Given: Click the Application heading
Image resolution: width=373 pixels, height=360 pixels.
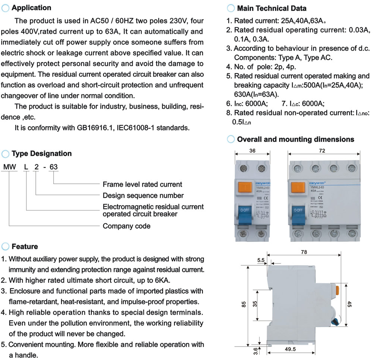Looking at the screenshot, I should click(x=31, y=8).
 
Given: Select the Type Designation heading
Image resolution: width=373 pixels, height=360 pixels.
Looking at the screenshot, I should click(x=41, y=154).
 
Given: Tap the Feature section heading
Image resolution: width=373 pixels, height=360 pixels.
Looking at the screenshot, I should click(x=25, y=246).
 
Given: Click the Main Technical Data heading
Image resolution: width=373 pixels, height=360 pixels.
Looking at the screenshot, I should click(x=272, y=8).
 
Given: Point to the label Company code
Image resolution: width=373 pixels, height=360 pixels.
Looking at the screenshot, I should click(x=126, y=226).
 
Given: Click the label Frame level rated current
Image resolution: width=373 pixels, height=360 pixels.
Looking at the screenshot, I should click(x=142, y=184).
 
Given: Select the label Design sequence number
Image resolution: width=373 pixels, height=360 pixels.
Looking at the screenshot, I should click(x=143, y=196).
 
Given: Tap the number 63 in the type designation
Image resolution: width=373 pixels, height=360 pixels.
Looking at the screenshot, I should click(x=54, y=167).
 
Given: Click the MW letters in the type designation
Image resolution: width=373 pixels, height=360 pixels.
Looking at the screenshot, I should click(x=9, y=167).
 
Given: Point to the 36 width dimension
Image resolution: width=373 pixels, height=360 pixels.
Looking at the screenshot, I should click(x=252, y=151).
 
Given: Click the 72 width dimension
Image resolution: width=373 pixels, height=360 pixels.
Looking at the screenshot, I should click(x=322, y=151).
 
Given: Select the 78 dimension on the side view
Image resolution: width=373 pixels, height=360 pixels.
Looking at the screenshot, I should click(x=304, y=252).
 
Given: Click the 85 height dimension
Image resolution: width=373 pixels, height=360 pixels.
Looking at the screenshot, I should click(x=244, y=304).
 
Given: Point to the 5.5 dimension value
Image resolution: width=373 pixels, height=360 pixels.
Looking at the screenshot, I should click(x=261, y=260).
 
